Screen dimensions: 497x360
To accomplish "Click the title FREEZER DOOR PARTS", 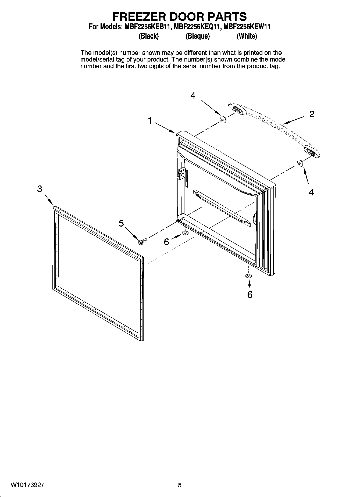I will [179, 16].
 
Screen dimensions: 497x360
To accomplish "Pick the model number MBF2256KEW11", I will [247, 27].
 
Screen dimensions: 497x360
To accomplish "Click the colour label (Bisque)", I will [198, 36].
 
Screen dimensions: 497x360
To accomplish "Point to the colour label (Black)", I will [148, 36].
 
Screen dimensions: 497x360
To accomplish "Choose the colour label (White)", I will [247, 36].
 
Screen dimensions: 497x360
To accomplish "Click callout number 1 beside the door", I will [150, 121].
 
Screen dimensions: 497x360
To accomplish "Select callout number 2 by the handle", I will [312, 114].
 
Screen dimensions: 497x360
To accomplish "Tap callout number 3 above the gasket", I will [40, 189].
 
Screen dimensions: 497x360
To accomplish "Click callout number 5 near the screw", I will [121, 223].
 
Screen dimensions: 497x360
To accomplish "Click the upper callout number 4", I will [193, 95].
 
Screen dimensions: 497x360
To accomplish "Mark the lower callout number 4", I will [311, 192].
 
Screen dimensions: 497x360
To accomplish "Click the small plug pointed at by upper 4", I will [223, 119].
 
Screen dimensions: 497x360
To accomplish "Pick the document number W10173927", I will [28, 485].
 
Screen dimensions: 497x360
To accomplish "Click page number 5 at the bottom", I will [180, 485].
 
